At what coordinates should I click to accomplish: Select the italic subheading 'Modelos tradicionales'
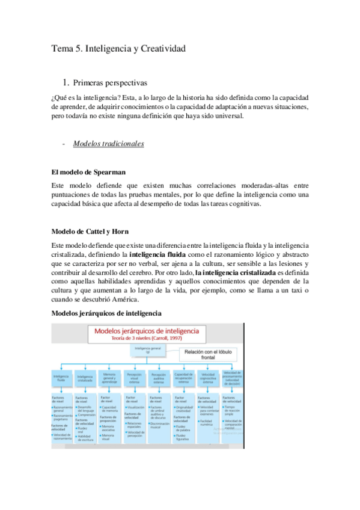[108, 144]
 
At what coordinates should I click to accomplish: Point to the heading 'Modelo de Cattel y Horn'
[91, 232]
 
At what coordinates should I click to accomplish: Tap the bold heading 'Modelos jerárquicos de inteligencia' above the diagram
[106, 313]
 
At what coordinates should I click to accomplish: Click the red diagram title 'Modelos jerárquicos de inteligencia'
[150, 331]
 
